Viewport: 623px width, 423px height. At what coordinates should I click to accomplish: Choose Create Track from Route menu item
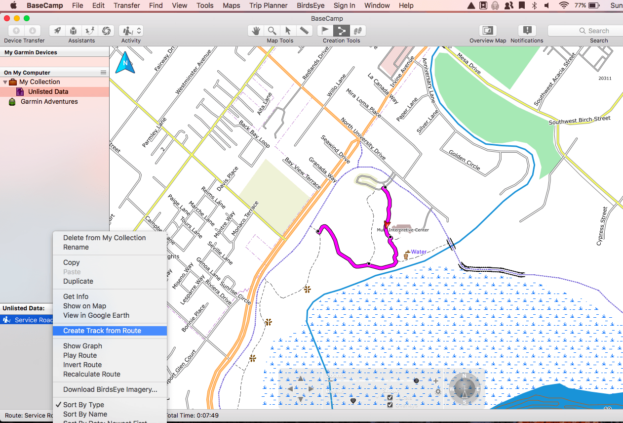102,331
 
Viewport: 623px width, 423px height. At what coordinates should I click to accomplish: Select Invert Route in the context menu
82,365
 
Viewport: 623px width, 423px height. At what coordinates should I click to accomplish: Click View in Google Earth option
96,315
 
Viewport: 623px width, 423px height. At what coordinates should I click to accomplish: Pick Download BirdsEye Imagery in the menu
110,389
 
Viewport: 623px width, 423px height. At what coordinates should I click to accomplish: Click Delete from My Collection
104,238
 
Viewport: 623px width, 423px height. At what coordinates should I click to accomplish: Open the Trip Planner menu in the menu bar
269,5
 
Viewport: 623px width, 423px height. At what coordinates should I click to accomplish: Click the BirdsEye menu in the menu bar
311,5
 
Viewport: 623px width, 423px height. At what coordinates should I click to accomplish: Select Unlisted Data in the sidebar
48,91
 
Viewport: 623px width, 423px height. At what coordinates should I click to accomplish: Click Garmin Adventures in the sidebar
49,101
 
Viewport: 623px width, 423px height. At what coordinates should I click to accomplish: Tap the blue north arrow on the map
125,63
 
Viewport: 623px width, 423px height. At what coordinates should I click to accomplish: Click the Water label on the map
419,252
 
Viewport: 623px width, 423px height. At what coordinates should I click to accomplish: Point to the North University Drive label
363,138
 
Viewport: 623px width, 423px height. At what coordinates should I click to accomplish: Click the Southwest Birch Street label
580,121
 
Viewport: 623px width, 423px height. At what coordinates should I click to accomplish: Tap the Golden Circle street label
465,160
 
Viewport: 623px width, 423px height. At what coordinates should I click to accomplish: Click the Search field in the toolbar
587,31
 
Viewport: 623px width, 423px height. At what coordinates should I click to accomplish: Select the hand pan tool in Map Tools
256,31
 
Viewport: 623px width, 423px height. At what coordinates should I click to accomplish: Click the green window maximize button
27,18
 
